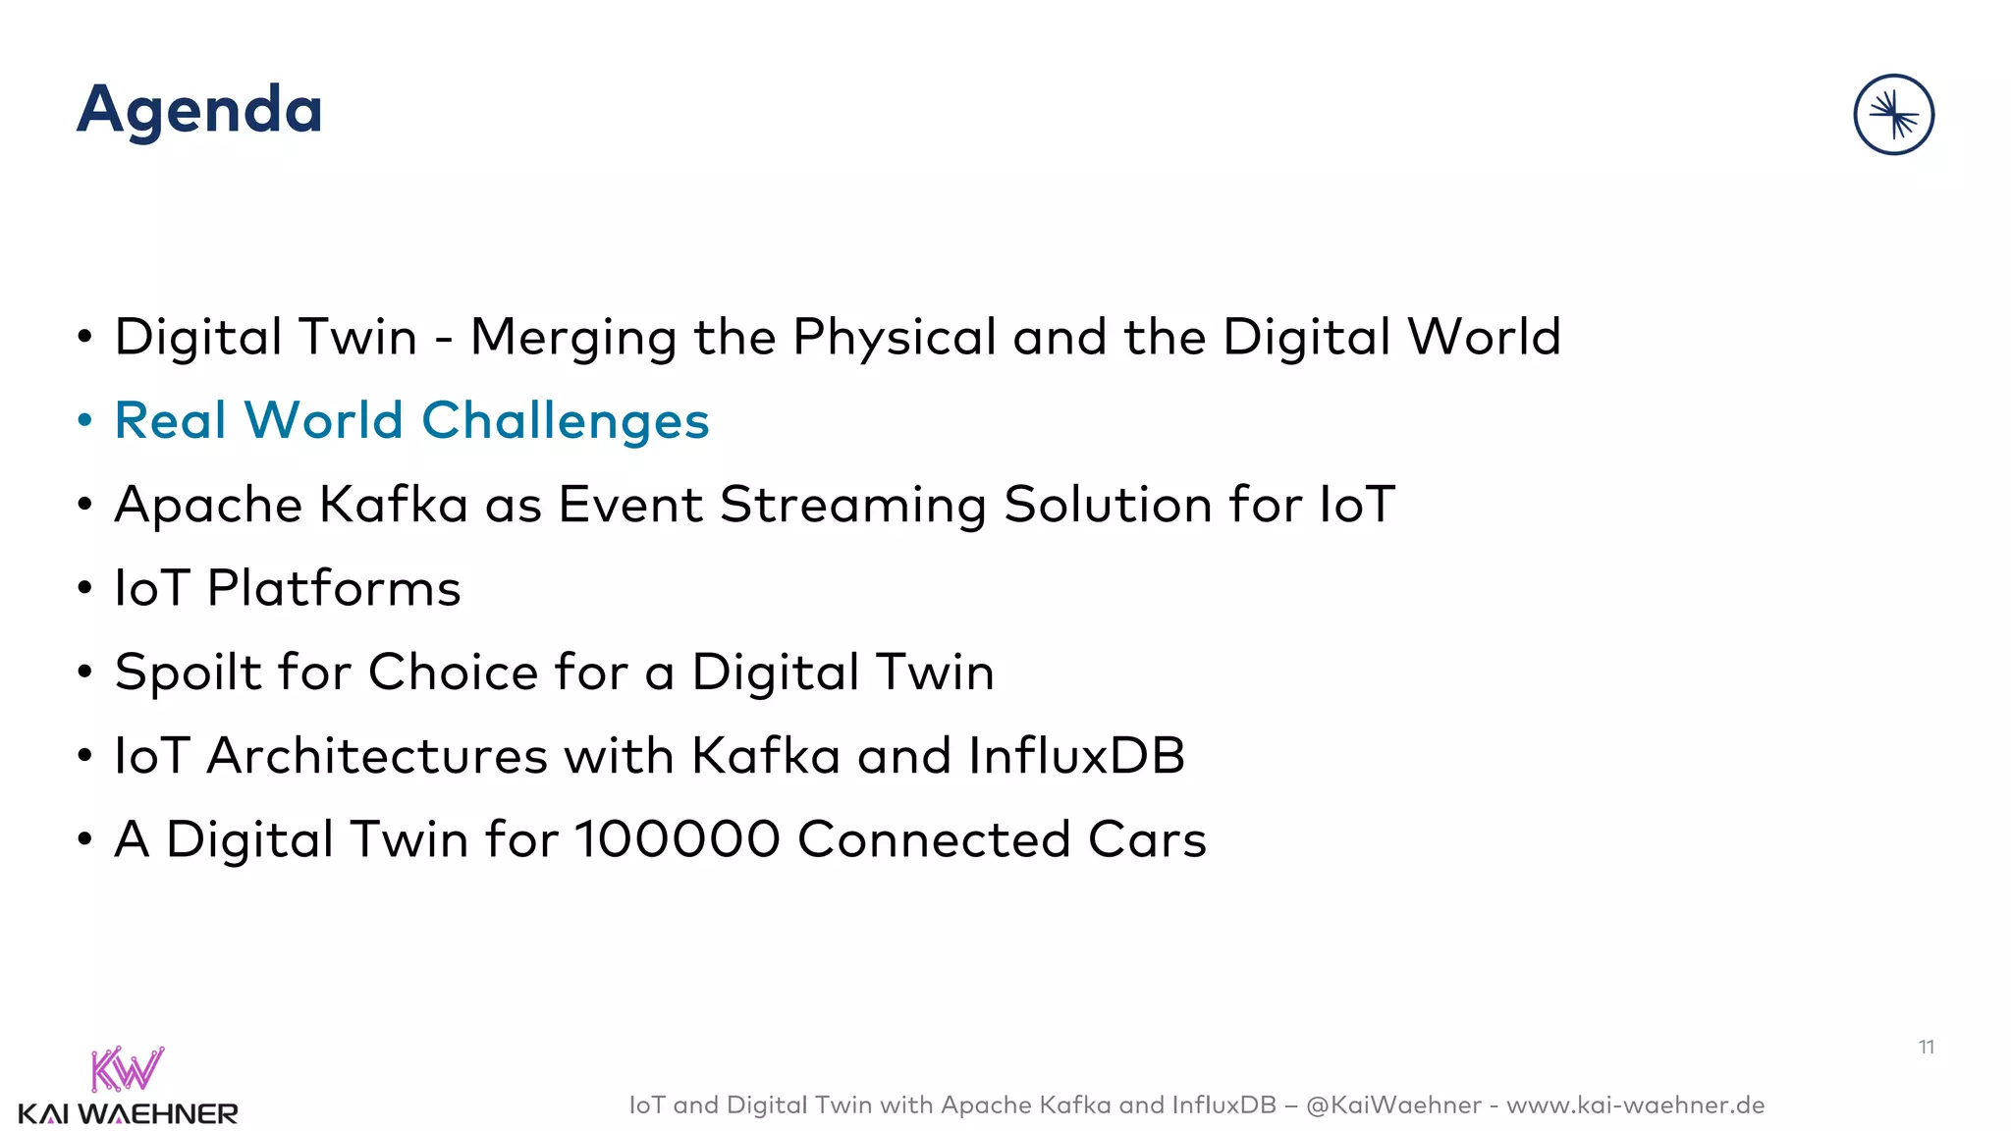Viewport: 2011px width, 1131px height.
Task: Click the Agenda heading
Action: (199, 110)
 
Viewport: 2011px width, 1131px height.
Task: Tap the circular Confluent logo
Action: (1893, 115)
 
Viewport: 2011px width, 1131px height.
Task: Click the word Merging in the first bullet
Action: (573, 338)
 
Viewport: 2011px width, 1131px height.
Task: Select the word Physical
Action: (894, 338)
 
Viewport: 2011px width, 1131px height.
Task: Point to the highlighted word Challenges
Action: (565, 421)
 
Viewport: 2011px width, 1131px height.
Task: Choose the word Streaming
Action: (852, 506)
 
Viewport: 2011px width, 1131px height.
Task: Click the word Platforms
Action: (334, 589)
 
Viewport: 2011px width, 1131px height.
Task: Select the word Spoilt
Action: (188, 673)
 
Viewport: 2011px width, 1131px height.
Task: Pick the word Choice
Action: (453, 673)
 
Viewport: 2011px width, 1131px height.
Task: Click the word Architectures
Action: (376, 756)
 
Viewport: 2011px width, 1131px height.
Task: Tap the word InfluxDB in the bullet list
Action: (1076, 756)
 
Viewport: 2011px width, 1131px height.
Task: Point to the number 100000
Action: (677, 840)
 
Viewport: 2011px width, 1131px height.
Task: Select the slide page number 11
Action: (1926, 1048)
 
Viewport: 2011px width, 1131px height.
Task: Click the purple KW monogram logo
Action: (127, 1069)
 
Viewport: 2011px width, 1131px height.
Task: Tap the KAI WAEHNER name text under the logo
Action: (128, 1114)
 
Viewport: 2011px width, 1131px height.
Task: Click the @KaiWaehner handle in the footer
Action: (1393, 1105)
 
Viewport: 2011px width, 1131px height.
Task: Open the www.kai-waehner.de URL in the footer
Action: (1635, 1105)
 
